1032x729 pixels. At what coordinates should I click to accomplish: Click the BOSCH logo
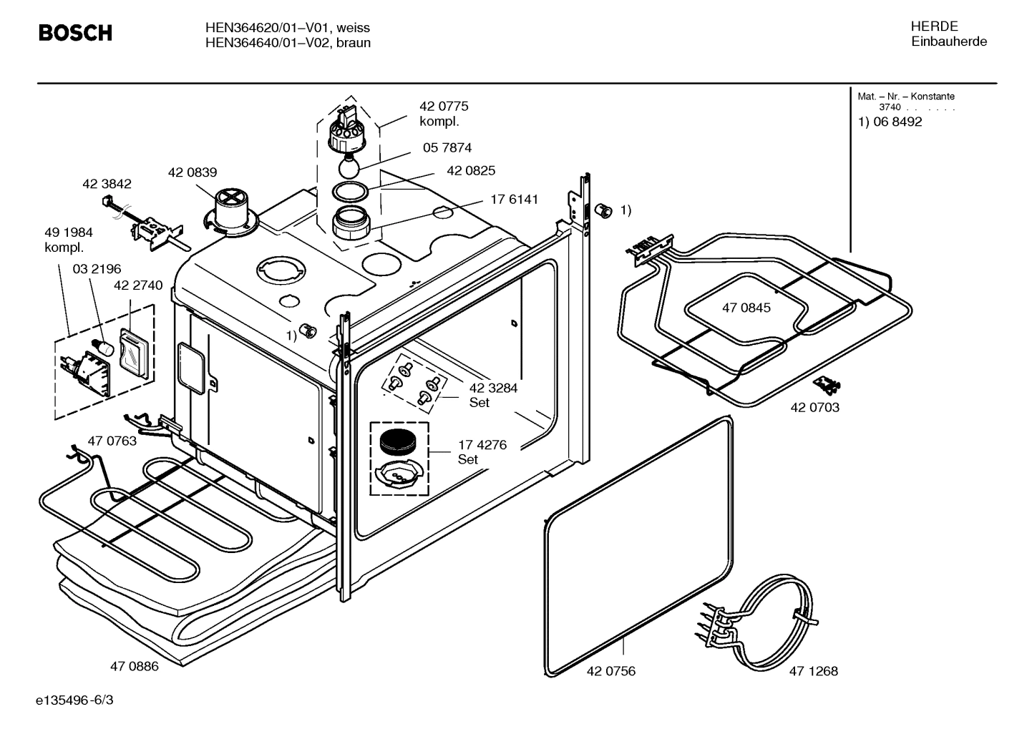coord(75,33)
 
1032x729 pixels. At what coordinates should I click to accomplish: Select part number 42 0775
coord(444,107)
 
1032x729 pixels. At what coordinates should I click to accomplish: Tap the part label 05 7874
coord(447,148)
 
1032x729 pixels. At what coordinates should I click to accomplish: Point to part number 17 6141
coord(514,200)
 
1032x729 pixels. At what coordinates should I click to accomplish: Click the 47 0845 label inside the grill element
coord(746,308)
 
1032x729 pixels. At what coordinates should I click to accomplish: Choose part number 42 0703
coord(814,408)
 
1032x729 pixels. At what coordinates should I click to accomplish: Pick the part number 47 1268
coord(813,671)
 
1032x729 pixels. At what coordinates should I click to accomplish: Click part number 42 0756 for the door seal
coord(610,671)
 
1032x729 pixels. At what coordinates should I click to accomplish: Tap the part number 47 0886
coord(134,667)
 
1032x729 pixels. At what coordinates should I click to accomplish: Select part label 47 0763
coord(112,441)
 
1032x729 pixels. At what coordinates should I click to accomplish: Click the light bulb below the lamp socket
coord(348,168)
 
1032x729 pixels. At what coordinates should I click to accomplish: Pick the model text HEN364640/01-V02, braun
coord(287,43)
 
